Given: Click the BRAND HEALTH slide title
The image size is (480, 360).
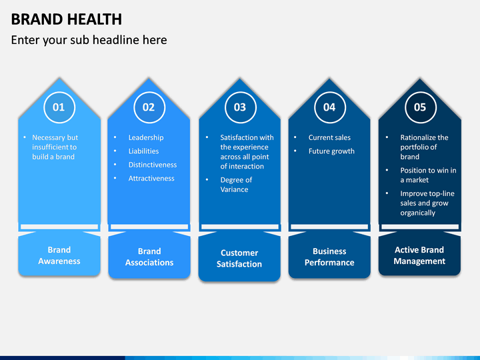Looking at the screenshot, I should pyautogui.click(x=67, y=19).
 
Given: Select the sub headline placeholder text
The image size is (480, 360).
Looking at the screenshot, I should pyautogui.click(x=89, y=40).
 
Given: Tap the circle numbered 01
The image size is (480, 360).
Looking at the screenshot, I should pyautogui.click(x=59, y=107).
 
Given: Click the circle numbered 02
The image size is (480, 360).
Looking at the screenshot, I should pyautogui.click(x=149, y=107).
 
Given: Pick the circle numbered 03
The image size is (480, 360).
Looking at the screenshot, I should pyautogui.click(x=239, y=107).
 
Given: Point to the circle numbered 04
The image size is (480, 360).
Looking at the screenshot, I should pyautogui.click(x=329, y=107).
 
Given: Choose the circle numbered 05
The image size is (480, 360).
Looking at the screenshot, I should pyautogui.click(x=419, y=107).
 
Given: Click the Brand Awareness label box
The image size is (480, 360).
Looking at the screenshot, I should pyautogui.click(x=59, y=255).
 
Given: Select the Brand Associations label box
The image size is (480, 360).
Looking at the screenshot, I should pyautogui.click(x=149, y=257).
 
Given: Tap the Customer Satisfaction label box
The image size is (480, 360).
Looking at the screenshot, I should pyautogui.click(x=239, y=258).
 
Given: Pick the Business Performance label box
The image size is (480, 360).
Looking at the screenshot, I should pyautogui.click(x=329, y=257).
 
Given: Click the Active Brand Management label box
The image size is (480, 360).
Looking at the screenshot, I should pyautogui.click(x=419, y=255).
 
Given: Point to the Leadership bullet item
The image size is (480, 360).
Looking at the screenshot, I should pyautogui.click(x=145, y=137).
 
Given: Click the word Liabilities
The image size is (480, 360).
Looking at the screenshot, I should pyautogui.click(x=143, y=151).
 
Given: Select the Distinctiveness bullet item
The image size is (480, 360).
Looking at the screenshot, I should pyautogui.click(x=153, y=165).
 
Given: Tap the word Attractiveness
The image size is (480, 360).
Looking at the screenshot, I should pyautogui.click(x=151, y=178).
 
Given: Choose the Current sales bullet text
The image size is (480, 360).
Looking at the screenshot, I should pyautogui.click(x=329, y=137).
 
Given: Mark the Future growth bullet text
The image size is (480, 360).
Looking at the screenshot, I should pyautogui.click(x=331, y=151).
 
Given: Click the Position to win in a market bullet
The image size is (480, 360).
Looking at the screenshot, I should pyautogui.click(x=428, y=175).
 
